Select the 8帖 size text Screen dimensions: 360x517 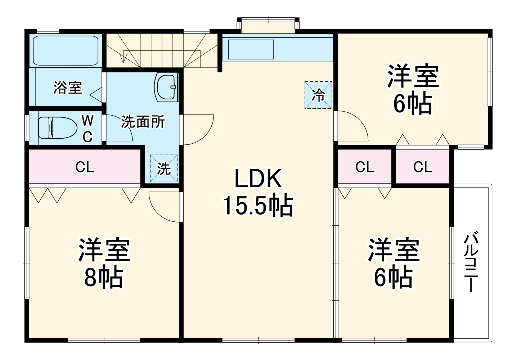(x=104, y=277)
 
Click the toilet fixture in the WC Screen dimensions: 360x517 (x=58, y=128)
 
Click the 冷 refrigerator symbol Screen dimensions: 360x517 (x=318, y=95)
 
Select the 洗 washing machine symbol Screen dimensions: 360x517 (x=164, y=168)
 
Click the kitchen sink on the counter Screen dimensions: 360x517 (x=251, y=49)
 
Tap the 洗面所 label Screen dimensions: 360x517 (x=143, y=122)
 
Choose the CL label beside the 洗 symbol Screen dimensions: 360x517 (x=85, y=167)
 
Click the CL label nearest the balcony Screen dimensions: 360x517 (x=423, y=167)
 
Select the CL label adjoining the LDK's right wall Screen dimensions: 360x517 (x=365, y=167)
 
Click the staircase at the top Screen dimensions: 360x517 (x=162, y=49)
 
